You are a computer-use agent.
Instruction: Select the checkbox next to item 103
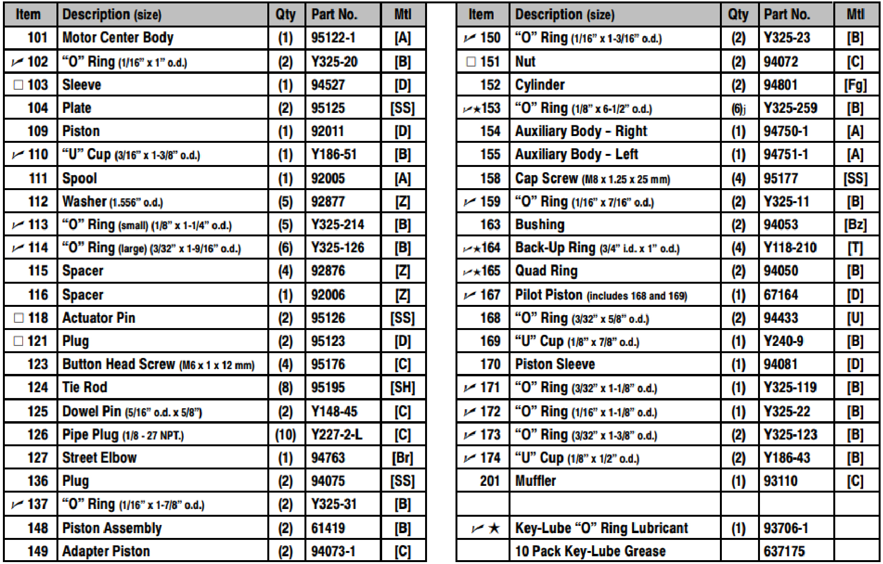(18, 85)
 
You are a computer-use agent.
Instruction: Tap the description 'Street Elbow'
(99, 457)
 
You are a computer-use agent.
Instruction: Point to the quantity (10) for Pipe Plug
(285, 435)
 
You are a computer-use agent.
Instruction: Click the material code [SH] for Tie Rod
(402, 387)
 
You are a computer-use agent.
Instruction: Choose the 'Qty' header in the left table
(285, 14)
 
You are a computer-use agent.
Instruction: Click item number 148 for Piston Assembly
(38, 528)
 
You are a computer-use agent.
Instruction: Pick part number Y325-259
(790, 108)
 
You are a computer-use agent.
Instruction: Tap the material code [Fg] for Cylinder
(855, 85)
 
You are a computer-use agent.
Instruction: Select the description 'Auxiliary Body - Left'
(577, 154)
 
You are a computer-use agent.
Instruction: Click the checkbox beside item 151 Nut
(471, 62)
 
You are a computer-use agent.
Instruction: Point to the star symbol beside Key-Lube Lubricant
(494, 528)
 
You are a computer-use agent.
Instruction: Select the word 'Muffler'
(536, 481)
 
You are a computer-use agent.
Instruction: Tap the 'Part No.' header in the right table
(787, 14)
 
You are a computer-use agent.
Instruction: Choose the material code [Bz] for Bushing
(855, 225)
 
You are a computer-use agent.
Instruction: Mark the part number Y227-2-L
(336, 435)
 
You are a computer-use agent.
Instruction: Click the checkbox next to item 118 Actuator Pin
(18, 318)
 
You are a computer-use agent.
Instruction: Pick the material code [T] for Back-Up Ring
(855, 248)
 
